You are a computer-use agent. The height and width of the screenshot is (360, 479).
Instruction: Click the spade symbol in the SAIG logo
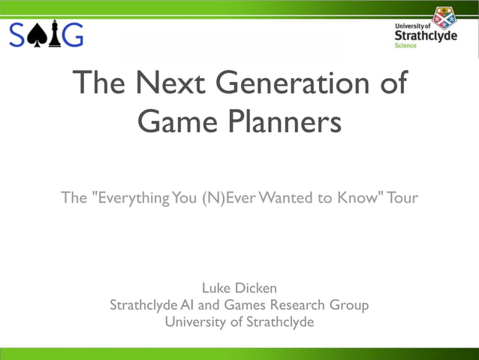click(x=36, y=35)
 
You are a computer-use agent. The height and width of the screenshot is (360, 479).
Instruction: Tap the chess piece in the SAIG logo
click(x=54, y=35)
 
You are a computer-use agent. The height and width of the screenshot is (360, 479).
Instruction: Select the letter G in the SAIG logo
click(x=72, y=35)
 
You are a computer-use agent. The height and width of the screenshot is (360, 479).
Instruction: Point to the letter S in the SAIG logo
click(x=17, y=35)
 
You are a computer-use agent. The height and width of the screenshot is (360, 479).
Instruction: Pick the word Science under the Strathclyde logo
click(x=405, y=46)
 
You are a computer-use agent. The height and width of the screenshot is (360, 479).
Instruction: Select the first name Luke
click(x=218, y=288)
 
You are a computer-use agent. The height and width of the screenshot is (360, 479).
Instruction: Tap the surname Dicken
click(x=255, y=288)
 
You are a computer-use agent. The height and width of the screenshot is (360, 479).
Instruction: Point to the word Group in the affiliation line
click(x=349, y=305)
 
